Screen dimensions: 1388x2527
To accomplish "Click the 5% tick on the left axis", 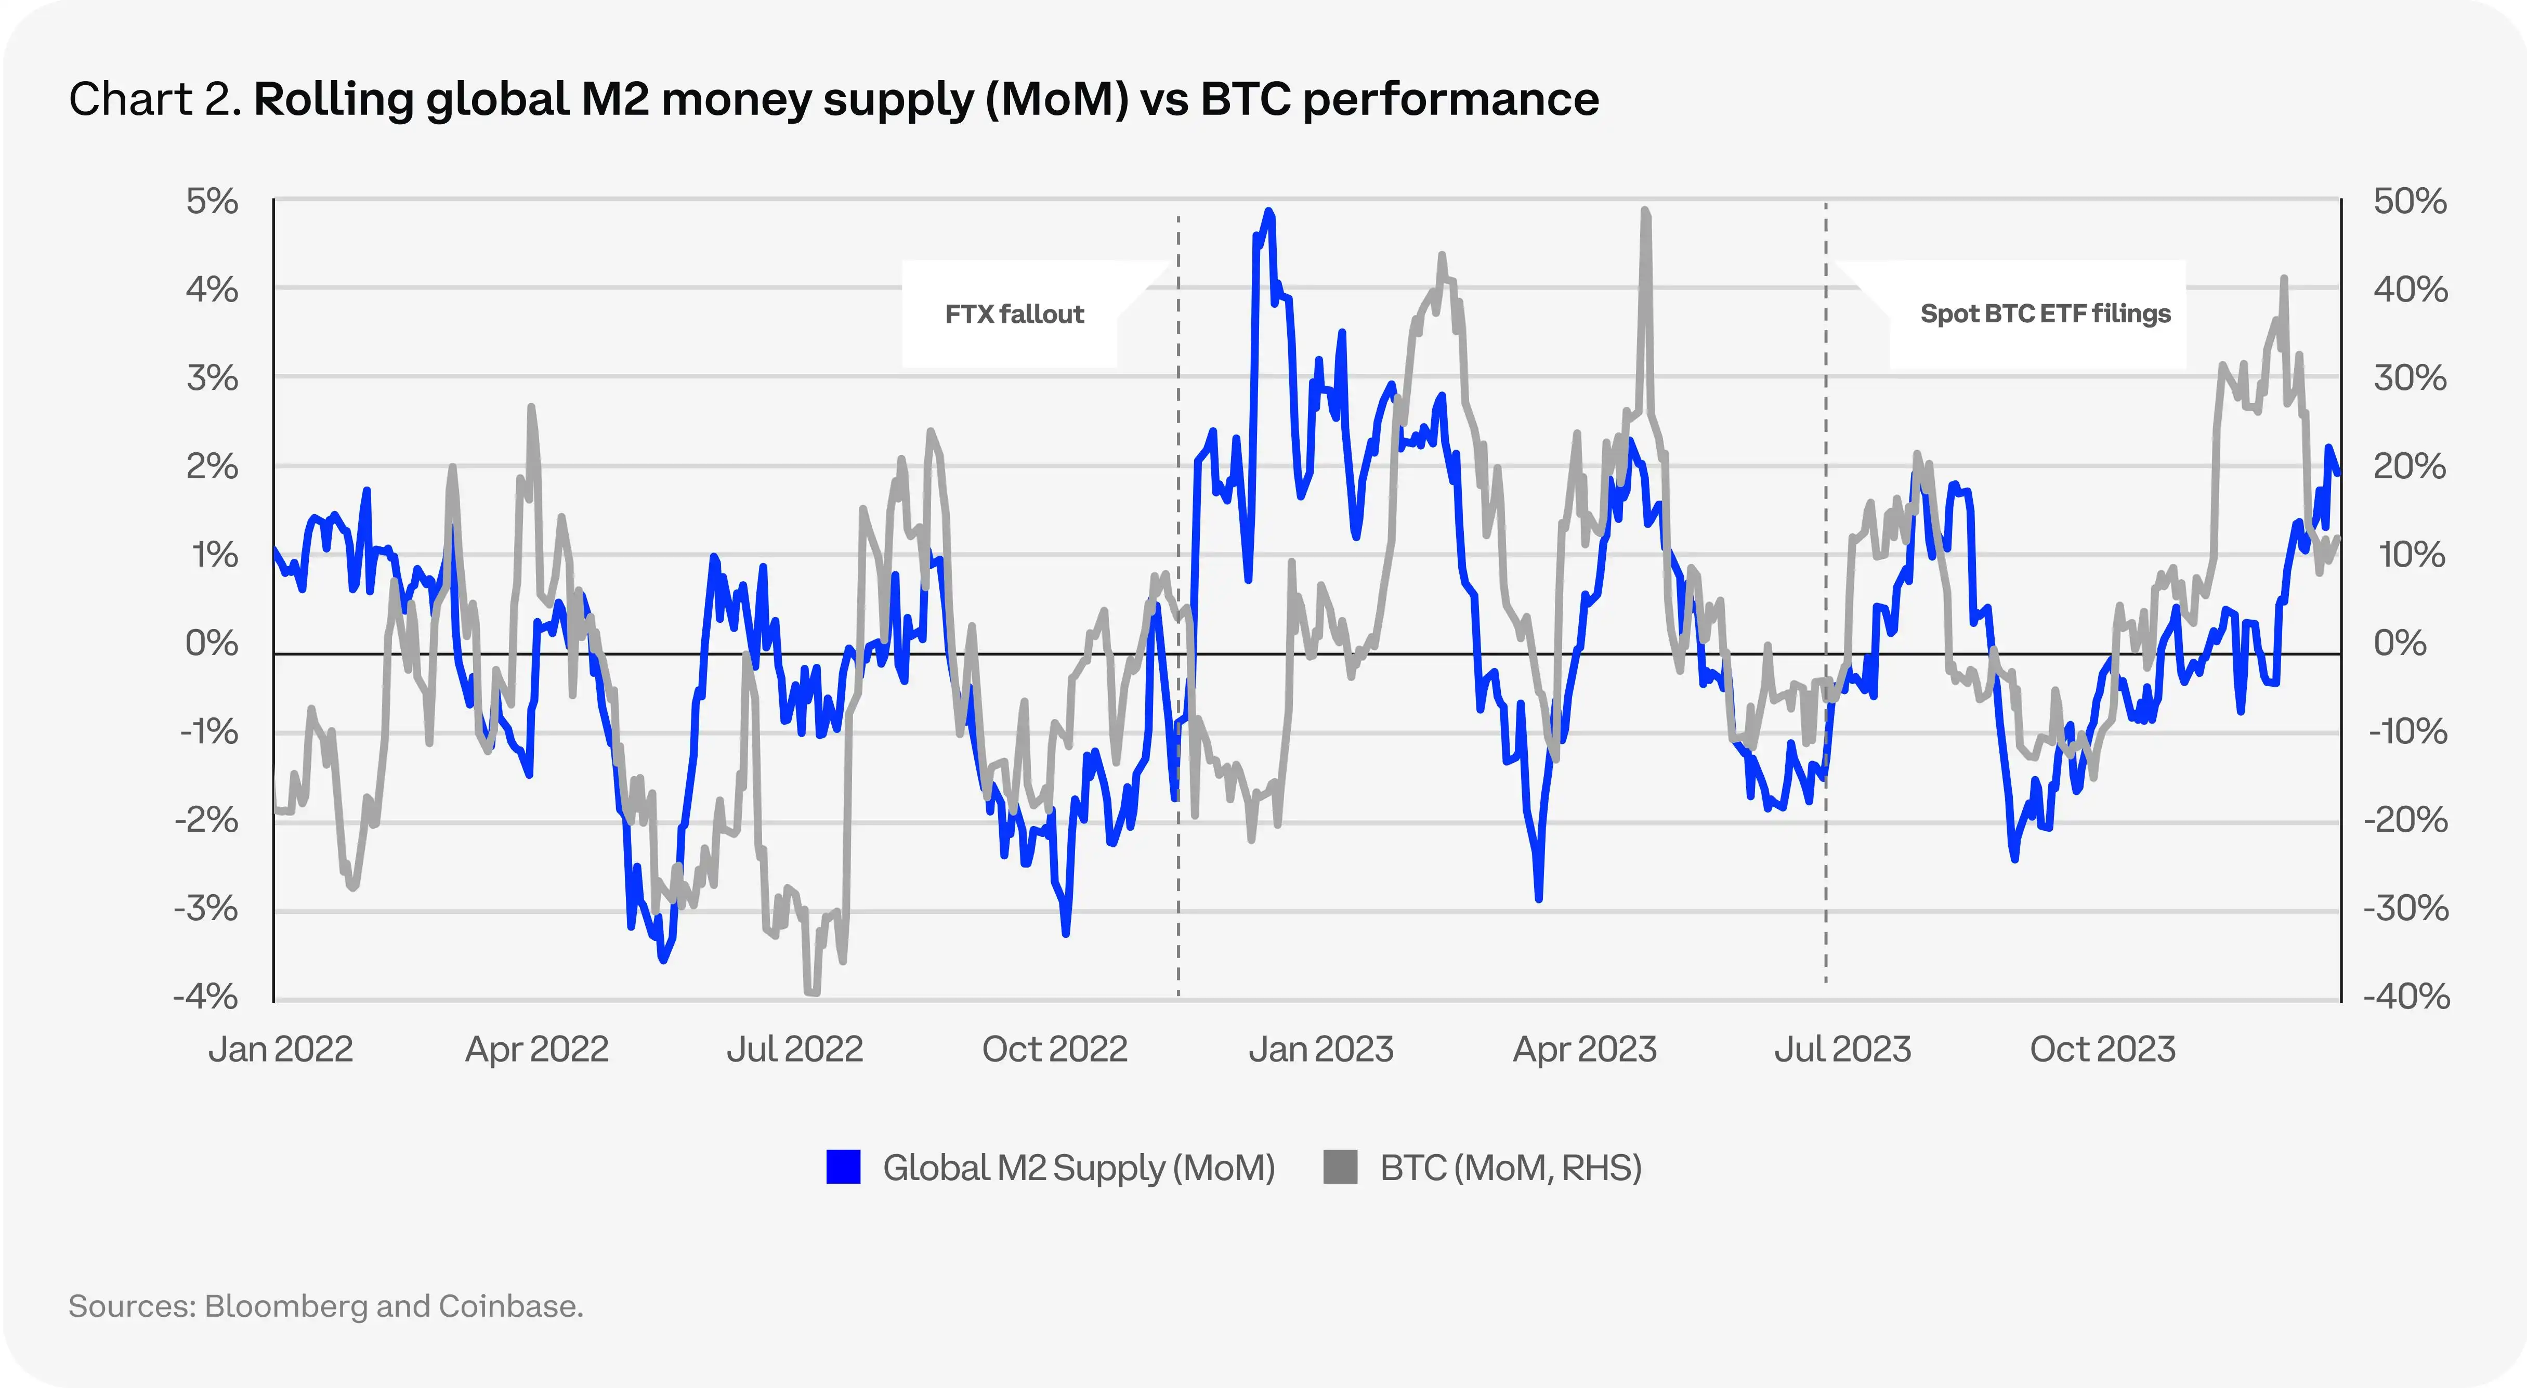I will click(212, 202).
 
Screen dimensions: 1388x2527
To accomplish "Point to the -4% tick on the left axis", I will click(206, 997).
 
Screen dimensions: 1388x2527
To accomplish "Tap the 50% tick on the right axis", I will click(2410, 202).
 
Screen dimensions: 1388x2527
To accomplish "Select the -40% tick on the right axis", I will click(2405, 997).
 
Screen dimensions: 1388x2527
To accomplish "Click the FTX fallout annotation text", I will click(1014, 314).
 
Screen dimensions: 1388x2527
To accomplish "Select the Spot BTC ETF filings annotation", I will click(2045, 314).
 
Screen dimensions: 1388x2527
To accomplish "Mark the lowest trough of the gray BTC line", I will click(812, 993).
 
